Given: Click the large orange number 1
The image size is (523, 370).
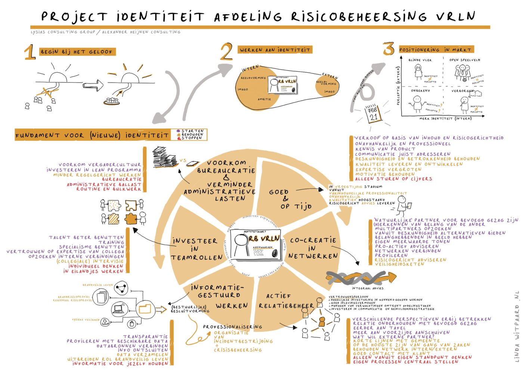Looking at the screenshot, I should pos(30,52).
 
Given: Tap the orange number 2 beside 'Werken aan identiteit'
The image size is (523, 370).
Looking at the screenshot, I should pos(226,52).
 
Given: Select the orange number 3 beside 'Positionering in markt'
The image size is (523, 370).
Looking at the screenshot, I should pos(389,49).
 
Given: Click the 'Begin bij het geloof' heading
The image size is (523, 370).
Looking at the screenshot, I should pos(77,52).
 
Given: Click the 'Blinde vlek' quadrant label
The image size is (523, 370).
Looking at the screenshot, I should pos(420,60).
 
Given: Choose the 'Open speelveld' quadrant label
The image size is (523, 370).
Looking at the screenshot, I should pos(465,60).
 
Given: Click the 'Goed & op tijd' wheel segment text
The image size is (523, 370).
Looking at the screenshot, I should pos(290,199).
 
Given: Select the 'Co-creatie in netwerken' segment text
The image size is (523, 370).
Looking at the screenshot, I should pos(313,248).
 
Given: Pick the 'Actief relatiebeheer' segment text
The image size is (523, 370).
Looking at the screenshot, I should pos(286,301).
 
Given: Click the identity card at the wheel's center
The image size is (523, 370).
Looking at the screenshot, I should pos(256,245).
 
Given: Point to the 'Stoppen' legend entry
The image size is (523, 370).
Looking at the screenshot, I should pos(191,138).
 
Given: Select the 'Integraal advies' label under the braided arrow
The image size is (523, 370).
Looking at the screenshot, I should pos(367,288).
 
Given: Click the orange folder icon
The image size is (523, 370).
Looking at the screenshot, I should pos(145,309).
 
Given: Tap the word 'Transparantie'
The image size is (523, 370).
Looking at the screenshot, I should pos(145,336).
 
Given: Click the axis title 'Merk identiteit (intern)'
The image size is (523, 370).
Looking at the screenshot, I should pos(445,119).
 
